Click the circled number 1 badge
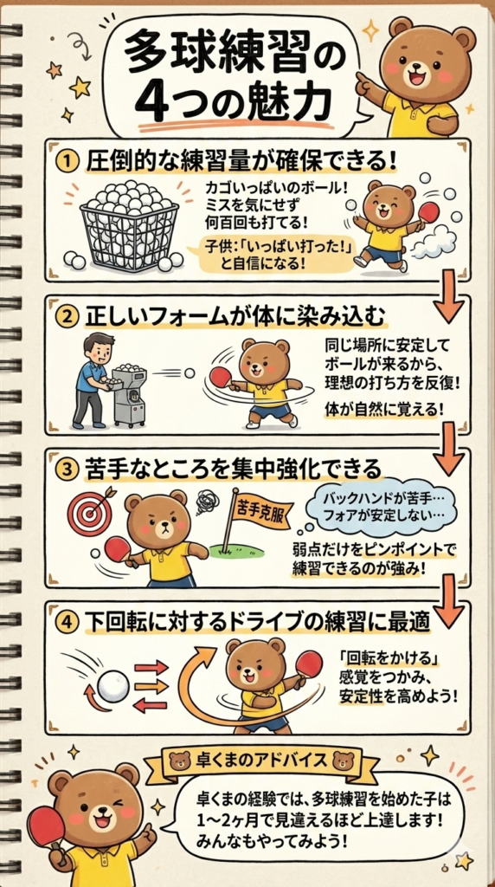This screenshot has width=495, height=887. click(x=67, y=162)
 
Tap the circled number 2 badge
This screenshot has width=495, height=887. click(x=67, y=317)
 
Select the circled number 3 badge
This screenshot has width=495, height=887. click(x=67, y=469)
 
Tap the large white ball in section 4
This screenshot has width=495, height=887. click(x=113, y=686)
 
